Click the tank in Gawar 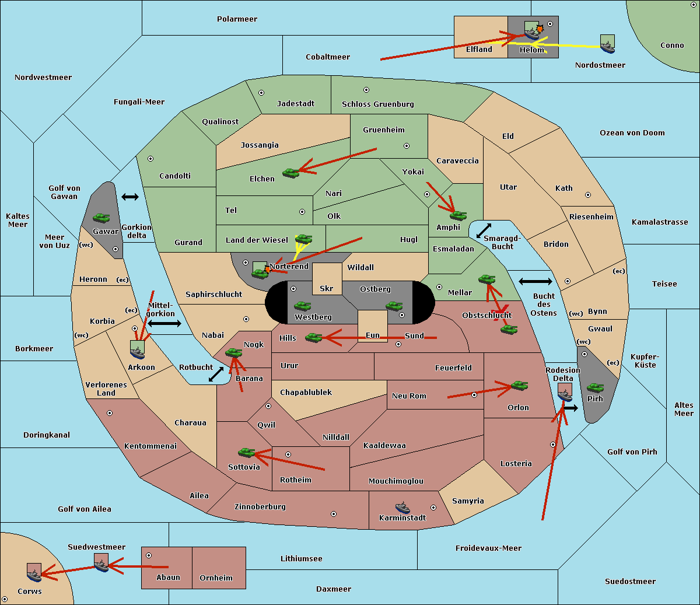[101, 218]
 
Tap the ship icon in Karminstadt [402, 508]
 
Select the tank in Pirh [595, 387]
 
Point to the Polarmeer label [237, 19]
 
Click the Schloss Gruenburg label [378, 104]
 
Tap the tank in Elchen [291, 173]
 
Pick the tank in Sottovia [247, 452]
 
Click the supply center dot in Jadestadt [261, 93]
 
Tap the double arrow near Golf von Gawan [130, 197]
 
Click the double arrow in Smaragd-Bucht [484, 230]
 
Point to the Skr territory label [327, 288]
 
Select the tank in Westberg [302, 306]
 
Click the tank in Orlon [520, 386]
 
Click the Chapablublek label [306, 392]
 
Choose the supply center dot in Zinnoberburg [334, 514]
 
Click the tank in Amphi [458, 215]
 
